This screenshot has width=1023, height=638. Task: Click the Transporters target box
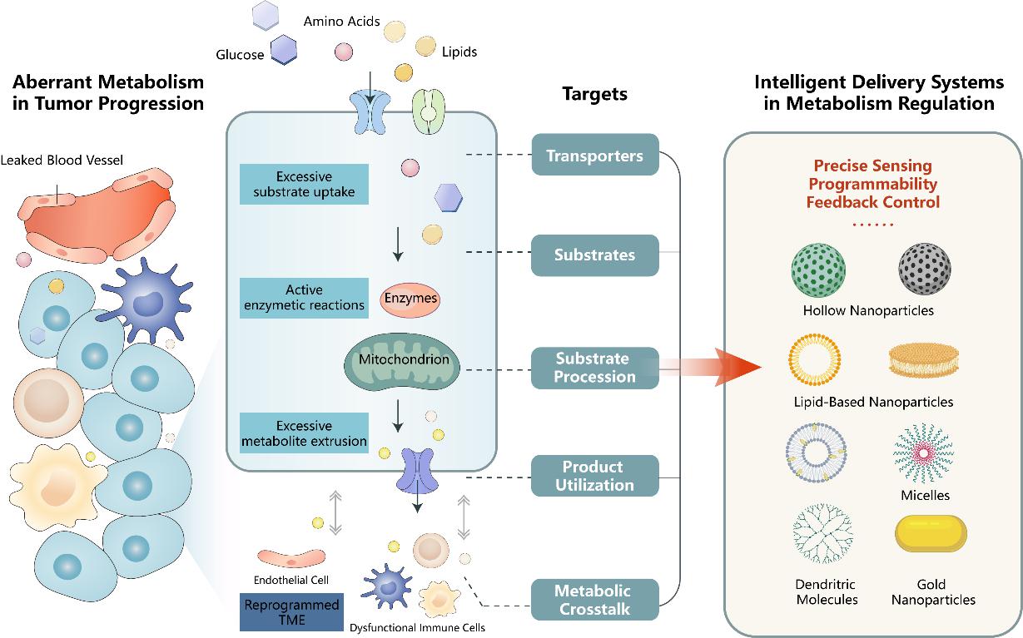point(594,155)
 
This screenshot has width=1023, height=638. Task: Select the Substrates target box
point(594,255)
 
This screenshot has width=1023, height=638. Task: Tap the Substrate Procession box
point(594,368)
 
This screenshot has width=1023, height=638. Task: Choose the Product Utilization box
point(594,476)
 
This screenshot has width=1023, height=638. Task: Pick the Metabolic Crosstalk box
point(594,600)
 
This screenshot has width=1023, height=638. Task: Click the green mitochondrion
point(397,361)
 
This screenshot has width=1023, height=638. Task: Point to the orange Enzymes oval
point(409,298)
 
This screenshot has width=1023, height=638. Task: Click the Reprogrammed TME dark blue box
point(290,612)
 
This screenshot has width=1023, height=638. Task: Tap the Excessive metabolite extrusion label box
point(303,433)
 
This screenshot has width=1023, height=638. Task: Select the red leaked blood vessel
point(96,211)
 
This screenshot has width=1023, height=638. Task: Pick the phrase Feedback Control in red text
point(872,202)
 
